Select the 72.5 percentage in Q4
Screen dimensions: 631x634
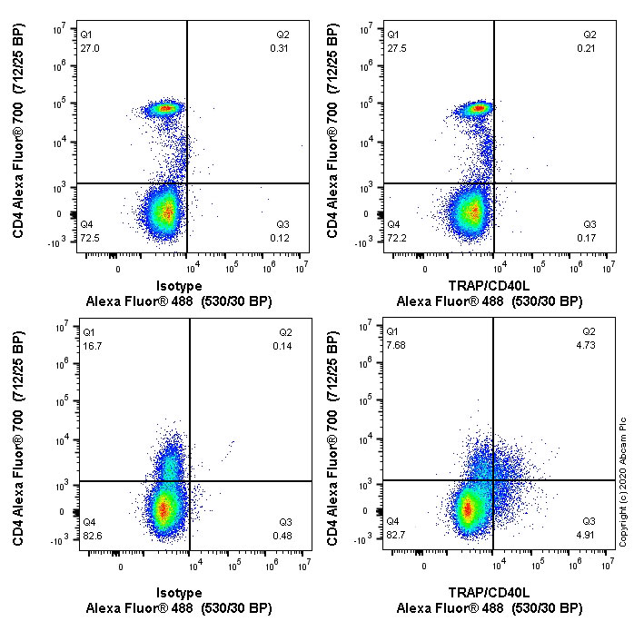(89, 238)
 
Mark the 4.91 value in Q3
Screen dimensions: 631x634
(590, 534)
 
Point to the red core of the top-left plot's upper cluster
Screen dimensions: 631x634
(165, 108)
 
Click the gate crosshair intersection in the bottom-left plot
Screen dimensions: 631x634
(189, 480)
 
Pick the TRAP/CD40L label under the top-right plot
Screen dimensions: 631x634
(489, 284)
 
